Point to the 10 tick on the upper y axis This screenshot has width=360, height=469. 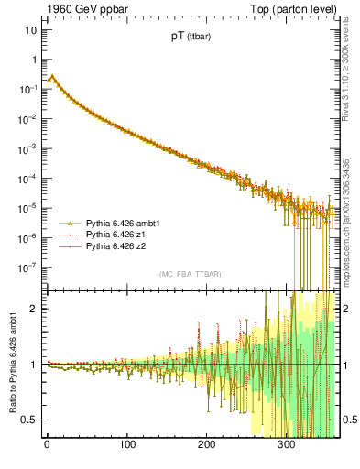30,30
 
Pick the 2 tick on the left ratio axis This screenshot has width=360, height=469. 33,309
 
